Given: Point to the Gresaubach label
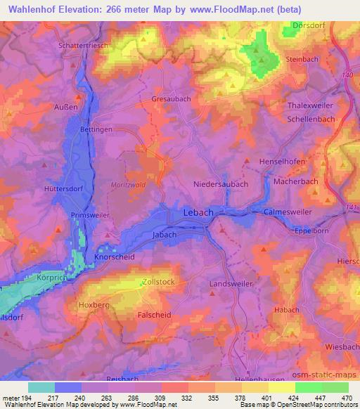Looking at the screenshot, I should (171, 99).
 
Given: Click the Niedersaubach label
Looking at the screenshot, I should (221, 183).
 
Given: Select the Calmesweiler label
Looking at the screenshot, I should (286, 212).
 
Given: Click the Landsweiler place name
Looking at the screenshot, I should (229, 284).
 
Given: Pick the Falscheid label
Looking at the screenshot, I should (157, 316).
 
